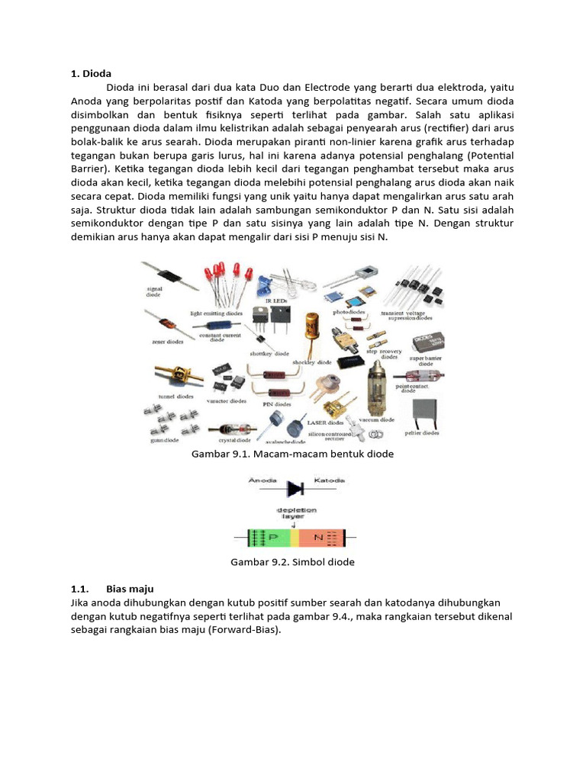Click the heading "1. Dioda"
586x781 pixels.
91,74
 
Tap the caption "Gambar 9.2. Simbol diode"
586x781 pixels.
292,562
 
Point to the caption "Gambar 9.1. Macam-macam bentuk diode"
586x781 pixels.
292,454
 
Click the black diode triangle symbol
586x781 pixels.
295,487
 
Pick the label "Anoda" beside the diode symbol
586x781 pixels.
263,480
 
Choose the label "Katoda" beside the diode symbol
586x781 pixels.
330,480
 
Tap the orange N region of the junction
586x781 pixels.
320,538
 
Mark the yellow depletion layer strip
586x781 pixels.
296,538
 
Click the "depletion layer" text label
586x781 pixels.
296,513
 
